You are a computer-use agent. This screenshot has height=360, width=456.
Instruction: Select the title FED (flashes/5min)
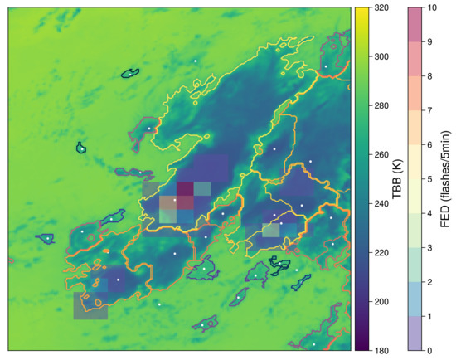pos(446,178)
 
